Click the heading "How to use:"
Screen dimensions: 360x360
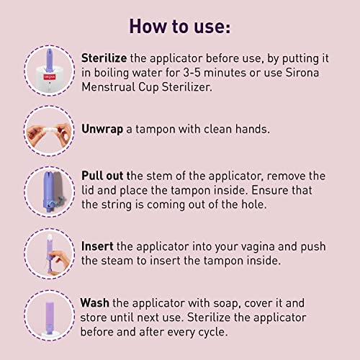coord(179,27)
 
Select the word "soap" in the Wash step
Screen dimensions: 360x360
coord(225,303)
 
